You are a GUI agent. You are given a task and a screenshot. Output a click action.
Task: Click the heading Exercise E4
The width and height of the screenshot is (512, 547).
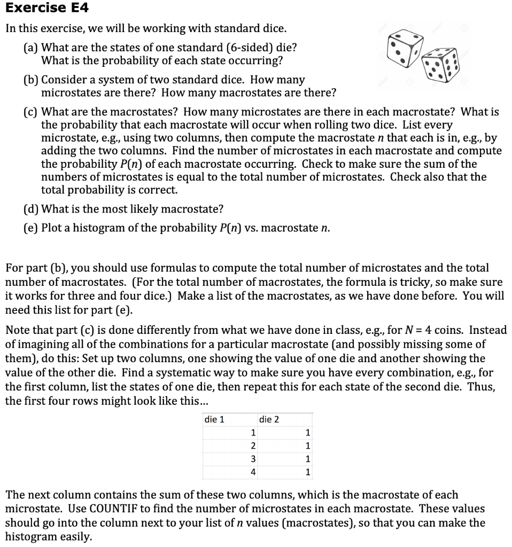pos(47,8)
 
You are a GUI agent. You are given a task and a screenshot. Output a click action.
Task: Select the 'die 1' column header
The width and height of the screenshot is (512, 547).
pos(215,419)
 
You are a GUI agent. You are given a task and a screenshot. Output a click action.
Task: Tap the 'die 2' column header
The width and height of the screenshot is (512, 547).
pos(269,419)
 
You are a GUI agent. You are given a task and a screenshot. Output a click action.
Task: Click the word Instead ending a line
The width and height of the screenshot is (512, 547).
pos(488,330)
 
